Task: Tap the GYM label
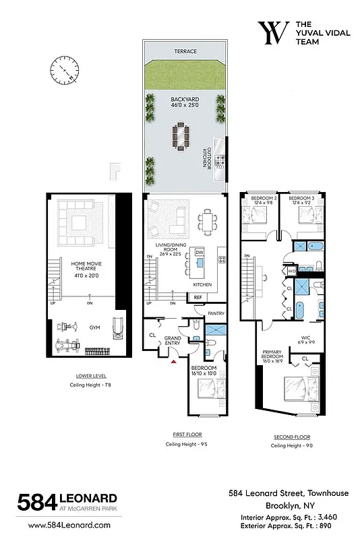click(94, 327)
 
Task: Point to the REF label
click(198, 297)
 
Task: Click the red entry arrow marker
click(173, 362)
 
